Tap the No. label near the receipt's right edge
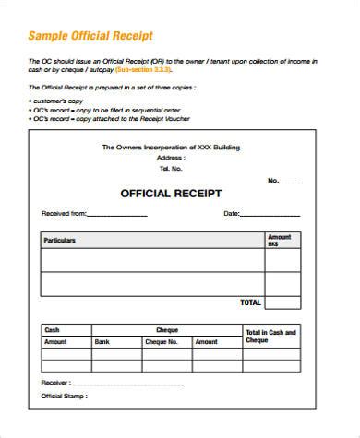[x=274, y=181]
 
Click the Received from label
[x=63, y=214]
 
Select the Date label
[x=232, y=214]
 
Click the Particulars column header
[x=60, y=241]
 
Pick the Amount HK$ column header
[x=279, y=241]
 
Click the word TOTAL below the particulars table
[x=250, y=302]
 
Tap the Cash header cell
[x=52, y=329]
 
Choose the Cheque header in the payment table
[x=167, y=329]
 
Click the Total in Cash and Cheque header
[x=270, y=336]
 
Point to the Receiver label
[x=55, y=382]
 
